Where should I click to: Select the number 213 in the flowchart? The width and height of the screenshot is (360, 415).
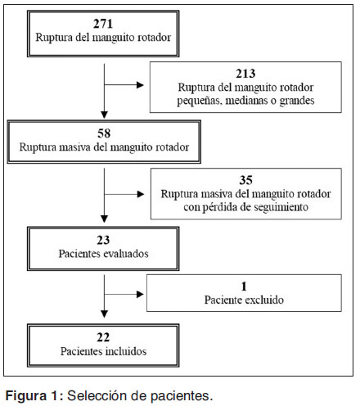pos(245,73)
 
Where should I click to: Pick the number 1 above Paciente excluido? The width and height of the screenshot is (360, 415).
pos(242,287)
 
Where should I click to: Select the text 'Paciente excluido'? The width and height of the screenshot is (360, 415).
pos(243,300)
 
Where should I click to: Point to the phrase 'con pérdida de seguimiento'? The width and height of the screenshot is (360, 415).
pos(245,208)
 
